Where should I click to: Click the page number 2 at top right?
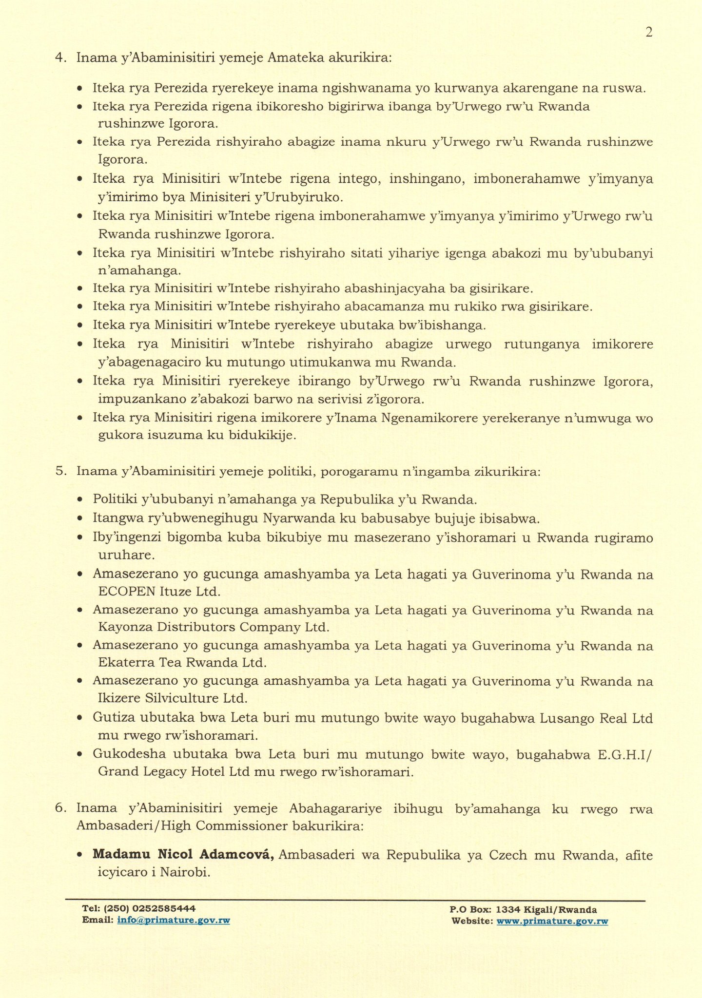(x=648, y=32)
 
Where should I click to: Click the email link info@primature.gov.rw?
(x=174, y=920)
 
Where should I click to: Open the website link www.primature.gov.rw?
(x=552, y=921)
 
